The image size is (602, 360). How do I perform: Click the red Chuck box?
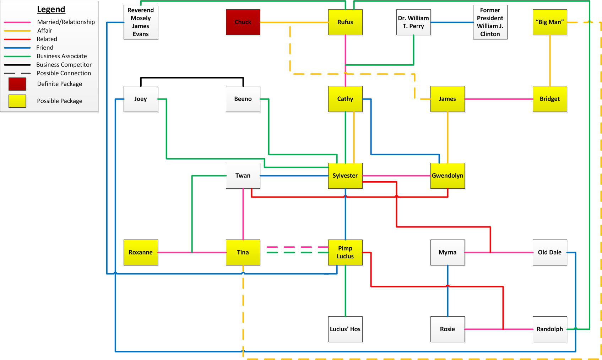tap(243, 22)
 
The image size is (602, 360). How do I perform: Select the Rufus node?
tap(345, 22)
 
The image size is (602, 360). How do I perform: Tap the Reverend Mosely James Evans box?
tap(141, 22)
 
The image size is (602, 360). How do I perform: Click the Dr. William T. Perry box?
tap(413, 22)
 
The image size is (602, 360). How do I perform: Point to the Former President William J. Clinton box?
tap(490, 22)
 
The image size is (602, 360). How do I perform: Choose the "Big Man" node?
tap(549, 22)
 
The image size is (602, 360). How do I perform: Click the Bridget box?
tap(549, 99)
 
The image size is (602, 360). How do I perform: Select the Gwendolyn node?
tap(447, 176)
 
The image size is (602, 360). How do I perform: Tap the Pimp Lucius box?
tap(345, 252)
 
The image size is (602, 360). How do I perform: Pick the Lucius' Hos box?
tap(345, 329)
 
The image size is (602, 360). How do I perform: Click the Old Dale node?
tap(549, 252)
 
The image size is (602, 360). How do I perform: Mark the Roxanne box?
tap(141, 252)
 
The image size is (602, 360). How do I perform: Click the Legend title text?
tap(51, 9)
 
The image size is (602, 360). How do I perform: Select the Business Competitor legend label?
tap(64, 65)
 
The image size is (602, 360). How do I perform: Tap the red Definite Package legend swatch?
tap(17, 84)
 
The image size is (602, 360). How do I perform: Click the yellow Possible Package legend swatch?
tap(17, 101)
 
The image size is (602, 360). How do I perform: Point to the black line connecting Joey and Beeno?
tap(192, 77)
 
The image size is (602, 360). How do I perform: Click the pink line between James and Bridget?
tap(499, 99)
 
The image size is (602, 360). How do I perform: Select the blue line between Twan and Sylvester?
tap(294, 176)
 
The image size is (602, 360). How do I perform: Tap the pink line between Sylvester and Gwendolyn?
tap(396, 176)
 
